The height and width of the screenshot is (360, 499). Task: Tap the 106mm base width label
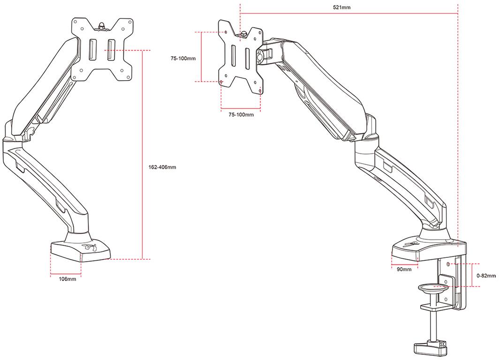(68, 279)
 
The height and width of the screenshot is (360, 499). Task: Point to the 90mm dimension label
(404, 269)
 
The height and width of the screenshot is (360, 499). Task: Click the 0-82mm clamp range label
(485, 276)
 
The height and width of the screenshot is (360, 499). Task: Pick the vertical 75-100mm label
(182, 58)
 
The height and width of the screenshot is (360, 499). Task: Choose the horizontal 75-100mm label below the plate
(241, 114)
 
